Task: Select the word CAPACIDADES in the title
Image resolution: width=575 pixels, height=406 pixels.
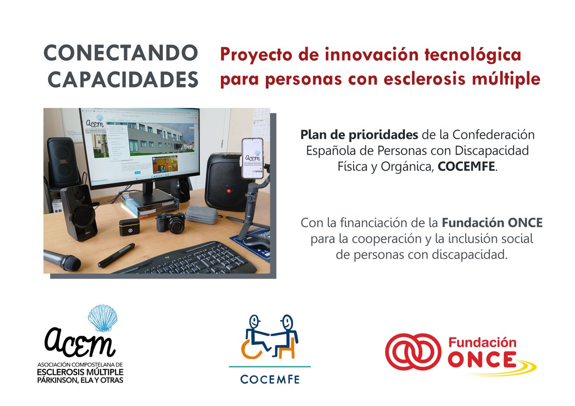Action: (123, 80)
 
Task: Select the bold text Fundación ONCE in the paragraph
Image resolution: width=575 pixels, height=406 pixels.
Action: (492, 223)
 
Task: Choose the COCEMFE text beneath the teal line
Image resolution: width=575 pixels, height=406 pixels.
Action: (270, 380)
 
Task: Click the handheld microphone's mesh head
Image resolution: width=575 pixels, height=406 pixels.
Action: (69, 262)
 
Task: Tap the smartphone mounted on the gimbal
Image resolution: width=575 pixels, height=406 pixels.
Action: (253, 158)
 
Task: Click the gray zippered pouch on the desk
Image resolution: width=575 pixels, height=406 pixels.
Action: (201, 214)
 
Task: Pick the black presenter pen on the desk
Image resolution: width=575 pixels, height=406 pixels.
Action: (116, 255)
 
